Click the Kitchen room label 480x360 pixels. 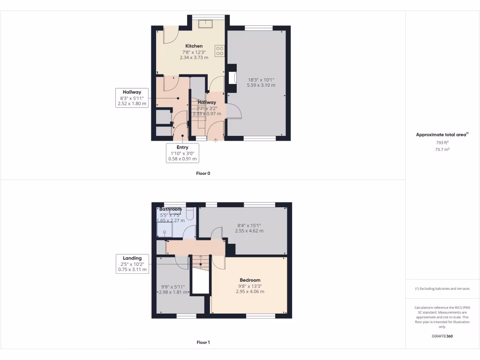(194, 46)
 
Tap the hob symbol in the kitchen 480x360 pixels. (219, 50)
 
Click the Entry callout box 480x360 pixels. (182, 153)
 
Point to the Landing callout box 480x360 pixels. (132, 264)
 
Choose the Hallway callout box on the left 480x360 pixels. (132, 98)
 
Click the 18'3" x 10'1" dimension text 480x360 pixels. (261, 82)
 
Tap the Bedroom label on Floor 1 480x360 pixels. (250, 280)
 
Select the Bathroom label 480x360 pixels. (171, 209)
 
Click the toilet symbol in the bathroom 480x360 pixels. (190, 214)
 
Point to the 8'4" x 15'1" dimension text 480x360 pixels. (249, 228)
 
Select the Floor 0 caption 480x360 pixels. (203, 173)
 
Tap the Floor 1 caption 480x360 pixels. (203, 343)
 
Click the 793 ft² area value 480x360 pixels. (442, 142)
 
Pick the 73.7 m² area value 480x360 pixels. (442, 149)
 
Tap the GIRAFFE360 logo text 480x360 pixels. (442, 336)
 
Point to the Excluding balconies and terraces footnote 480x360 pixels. (442, 289)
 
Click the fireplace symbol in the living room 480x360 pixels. (231, 78)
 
